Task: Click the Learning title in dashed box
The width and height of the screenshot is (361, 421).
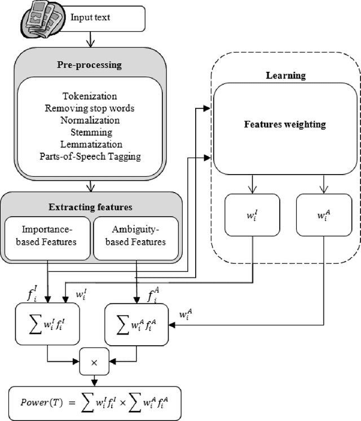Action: pos(285,75)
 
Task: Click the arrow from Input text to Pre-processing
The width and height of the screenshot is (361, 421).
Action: pos(90,39)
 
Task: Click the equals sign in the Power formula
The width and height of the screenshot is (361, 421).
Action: pos(73,402)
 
